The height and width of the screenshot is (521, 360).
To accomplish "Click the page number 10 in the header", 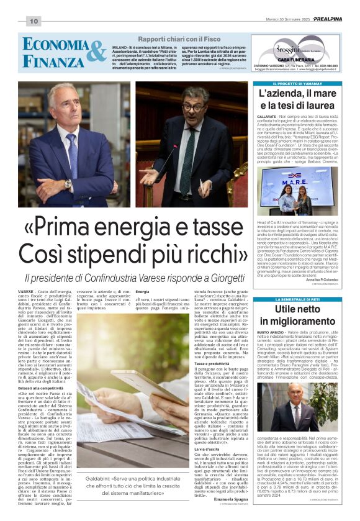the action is click(x=33, y=21).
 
